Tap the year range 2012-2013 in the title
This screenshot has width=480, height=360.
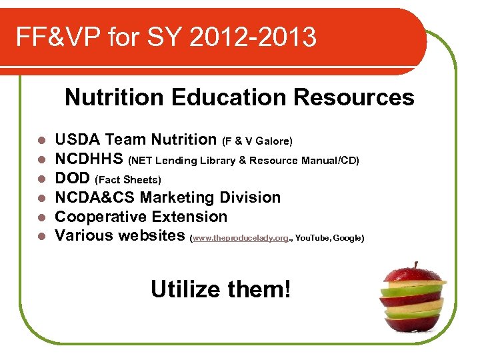tap(253, 37)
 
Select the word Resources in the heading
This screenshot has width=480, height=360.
tap(353, 97)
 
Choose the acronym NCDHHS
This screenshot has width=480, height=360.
tap(89, 159)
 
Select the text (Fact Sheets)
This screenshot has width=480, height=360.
tap(129, 180)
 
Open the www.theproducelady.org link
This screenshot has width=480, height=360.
tap(240, 237)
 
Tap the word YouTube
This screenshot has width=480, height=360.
tap(311, 237)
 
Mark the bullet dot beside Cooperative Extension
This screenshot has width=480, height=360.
tap(41, 217)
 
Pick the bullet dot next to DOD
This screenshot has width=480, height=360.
tap(41, 179)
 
